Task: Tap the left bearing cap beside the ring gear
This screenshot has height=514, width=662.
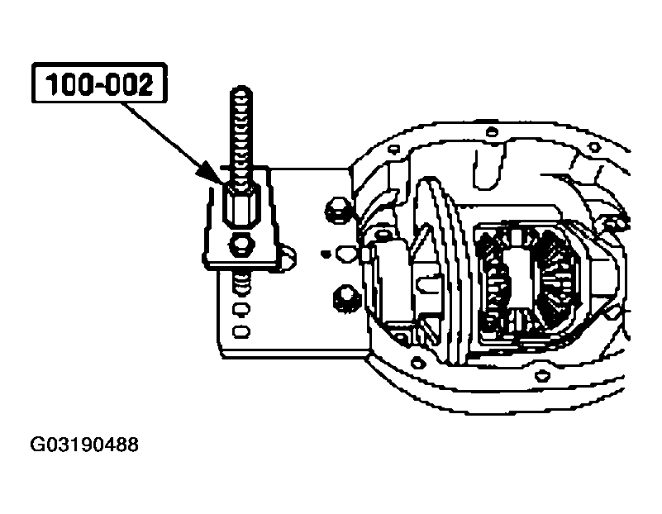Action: tap(388, 277)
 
